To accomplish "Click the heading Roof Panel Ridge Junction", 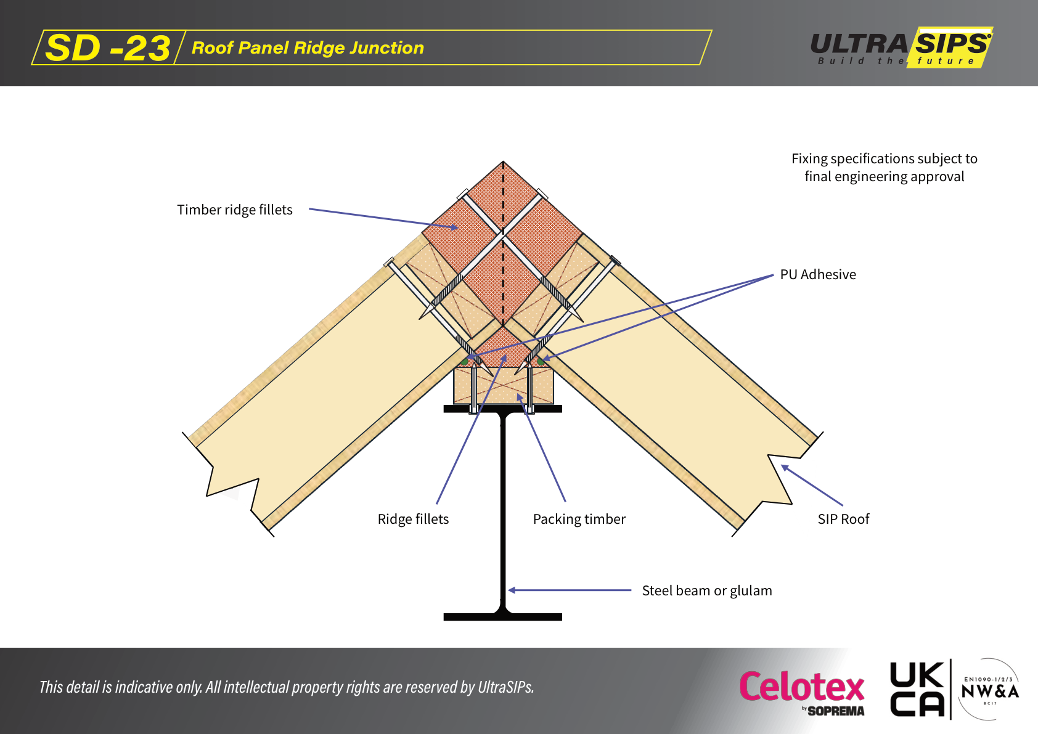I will tap(308, 48).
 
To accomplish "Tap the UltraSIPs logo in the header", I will tap(901, 47).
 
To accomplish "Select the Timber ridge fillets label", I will tap(235, 210).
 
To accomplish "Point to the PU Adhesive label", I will tap(818, 275).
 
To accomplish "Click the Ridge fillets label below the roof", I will tap(413, 520).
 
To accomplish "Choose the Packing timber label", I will tap(579, 520).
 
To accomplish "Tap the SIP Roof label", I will tap(843, 520).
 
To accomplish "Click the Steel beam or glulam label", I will tap(706, 591).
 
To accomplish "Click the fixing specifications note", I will tap(885, 168).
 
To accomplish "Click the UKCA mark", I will tap(917, 689).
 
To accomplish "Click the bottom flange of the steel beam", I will tap(503, 617).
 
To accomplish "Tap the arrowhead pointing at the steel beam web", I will tap(511, 590).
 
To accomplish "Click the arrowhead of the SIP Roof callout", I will tap(785, 467).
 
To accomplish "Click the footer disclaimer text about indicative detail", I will tap(287, 687).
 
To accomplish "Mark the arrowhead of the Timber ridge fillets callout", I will tap(454, 227).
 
